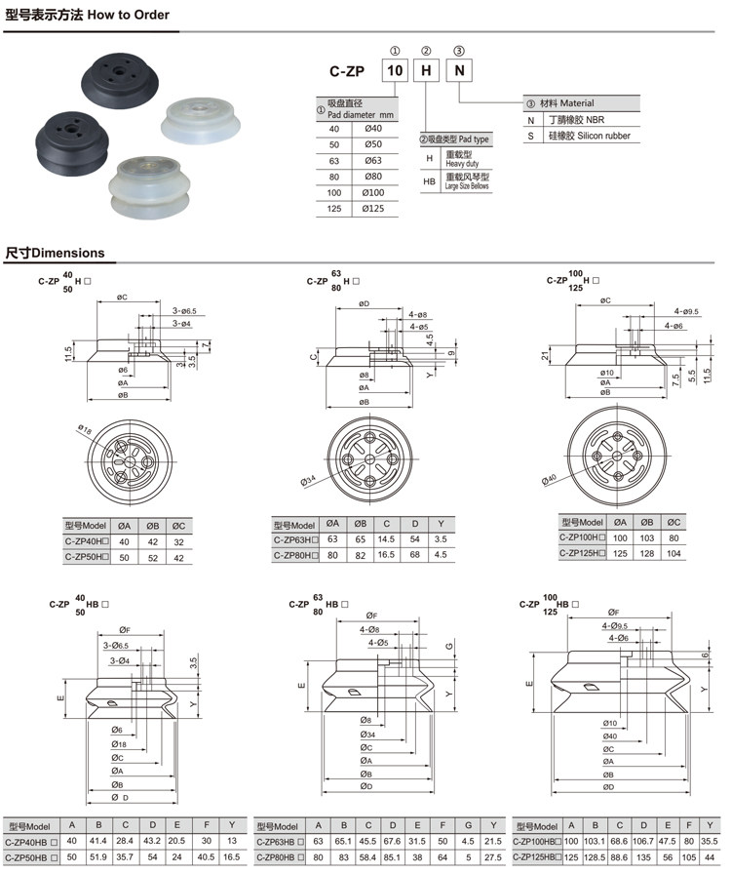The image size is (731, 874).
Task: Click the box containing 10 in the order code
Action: point(394,70)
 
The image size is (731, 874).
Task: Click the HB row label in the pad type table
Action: point(429,181)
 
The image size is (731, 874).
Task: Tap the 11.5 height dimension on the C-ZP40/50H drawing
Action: point(68,352)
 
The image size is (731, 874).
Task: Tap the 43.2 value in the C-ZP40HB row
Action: point(152,841)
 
